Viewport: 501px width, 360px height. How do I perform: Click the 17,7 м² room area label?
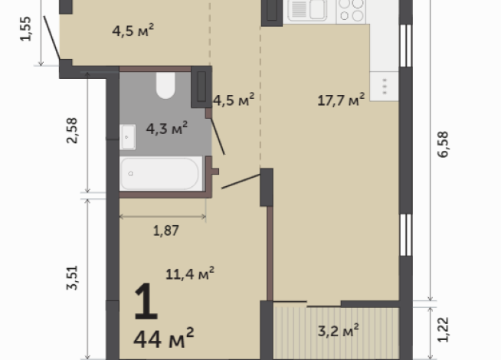click(x=341, y=100)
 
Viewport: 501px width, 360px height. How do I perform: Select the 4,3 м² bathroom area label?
click(x=168, y=129)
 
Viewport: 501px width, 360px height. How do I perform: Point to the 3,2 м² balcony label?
click(x=339, y=331)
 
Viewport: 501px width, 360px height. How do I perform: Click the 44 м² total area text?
click(x=163, y=335)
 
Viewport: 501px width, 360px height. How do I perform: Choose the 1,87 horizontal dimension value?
click(x=162, y=229)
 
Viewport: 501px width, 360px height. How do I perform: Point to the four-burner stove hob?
click(x=352, y=10)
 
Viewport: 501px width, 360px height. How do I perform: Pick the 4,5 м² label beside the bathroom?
click(x=233, y=100)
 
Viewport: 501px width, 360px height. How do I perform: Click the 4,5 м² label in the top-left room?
click(x=133, y=32)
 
